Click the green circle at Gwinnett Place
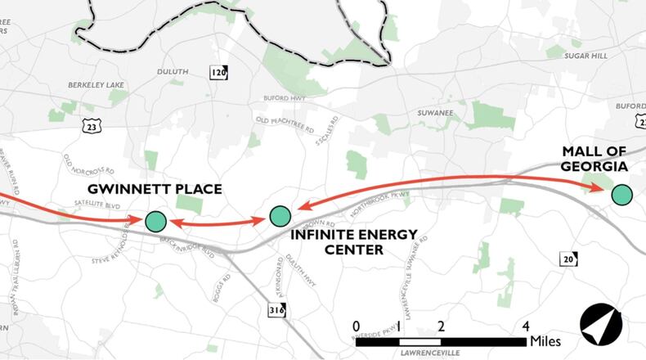pyautogui.click(x=155, y=221)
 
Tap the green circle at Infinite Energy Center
pyautogui.click(x=280, y=216)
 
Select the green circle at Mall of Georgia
pyautogui.click(x=621, y=195)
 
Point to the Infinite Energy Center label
pyautogui.click(x=354, y=241)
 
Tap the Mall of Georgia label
pyautogui.click(x=594, y=159)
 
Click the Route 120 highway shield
pyautogui.click(x=218, y=71)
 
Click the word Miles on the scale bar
pyautogui.click(x=546, y=340)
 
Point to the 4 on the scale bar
pyautogui.click(x=526, y=326)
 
